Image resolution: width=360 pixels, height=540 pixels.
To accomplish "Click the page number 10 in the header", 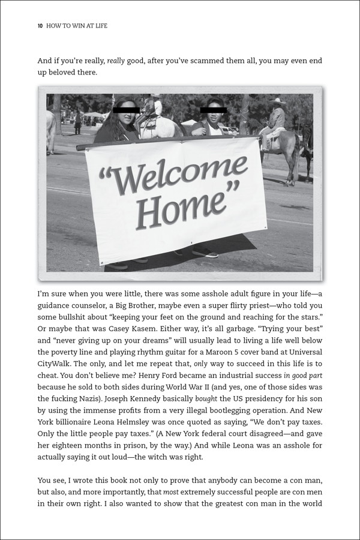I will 40,26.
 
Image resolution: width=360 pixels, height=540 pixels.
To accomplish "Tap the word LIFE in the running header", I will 99,26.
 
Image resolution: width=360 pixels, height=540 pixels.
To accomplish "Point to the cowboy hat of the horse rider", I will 277,101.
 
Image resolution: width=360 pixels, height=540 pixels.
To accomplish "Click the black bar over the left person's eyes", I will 126,110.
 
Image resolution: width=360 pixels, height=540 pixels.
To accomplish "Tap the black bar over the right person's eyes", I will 214,110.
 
